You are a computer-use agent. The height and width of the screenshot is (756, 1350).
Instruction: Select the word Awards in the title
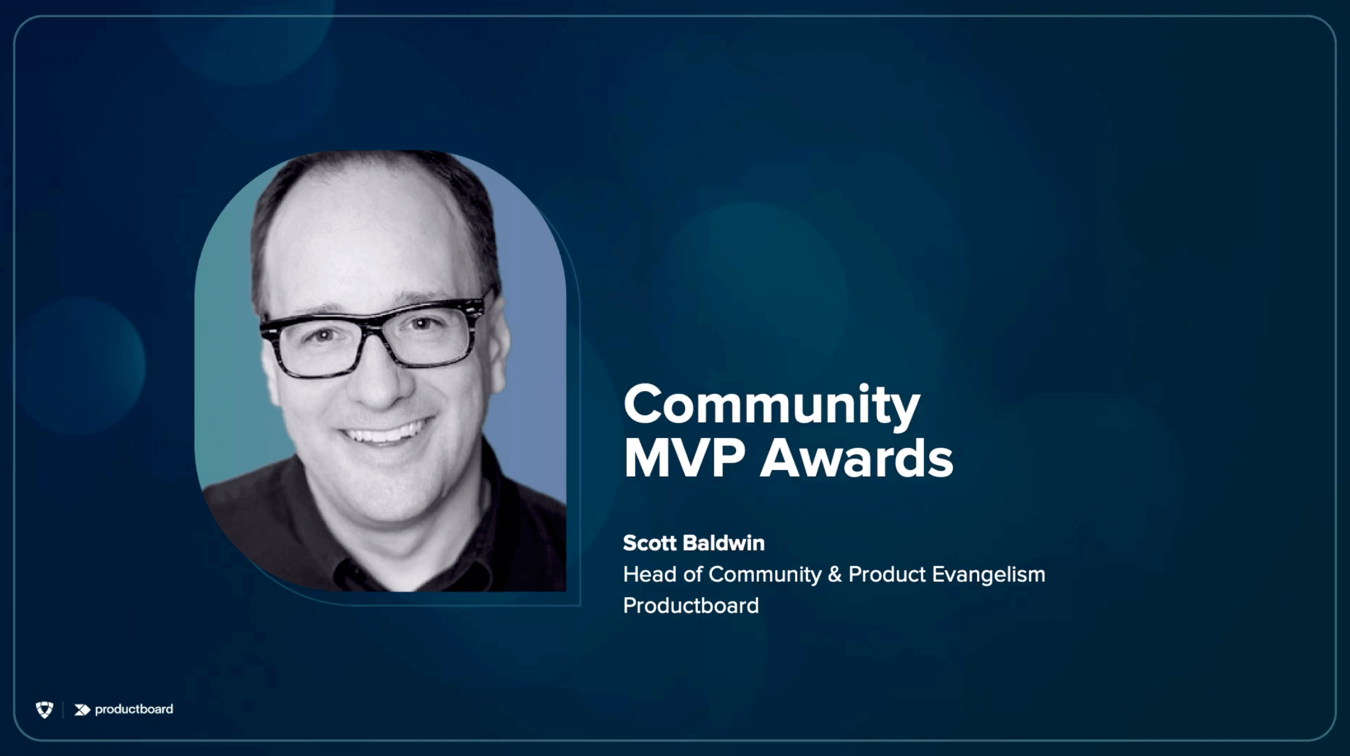point(857,458)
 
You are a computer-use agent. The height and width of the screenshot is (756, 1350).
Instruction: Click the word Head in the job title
point(650,574)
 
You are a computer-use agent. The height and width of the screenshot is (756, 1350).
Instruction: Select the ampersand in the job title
point(834,574)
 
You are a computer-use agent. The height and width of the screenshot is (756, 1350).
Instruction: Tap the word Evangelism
point(988,574)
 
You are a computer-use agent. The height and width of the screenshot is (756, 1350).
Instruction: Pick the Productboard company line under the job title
point(691,606)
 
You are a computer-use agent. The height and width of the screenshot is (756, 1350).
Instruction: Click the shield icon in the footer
point(44,710)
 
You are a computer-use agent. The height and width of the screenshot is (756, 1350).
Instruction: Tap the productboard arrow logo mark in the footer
point(82,710)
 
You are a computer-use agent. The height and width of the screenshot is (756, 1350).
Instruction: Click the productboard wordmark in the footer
point(134,709)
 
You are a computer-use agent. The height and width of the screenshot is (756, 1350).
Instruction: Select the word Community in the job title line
point(765,575)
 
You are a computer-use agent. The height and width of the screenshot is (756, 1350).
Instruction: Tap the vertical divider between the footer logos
point(63,710)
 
